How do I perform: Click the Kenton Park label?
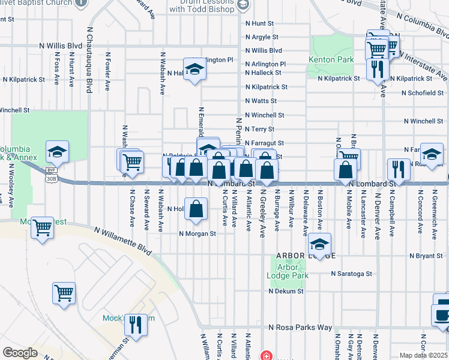coord(331,60)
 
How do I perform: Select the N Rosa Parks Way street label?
coord(300,328)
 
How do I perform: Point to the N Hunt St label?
coord(259,23)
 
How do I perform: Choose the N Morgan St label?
coord(197,234)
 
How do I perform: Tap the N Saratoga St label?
coord(352,274)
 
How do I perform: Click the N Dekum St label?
coord(286,291)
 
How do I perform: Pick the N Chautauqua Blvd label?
coord(89,59)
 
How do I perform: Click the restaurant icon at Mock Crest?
coord(136,325)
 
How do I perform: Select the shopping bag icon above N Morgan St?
coord(196,209)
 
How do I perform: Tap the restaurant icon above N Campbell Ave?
coord(399,169)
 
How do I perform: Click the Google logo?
coord(20,353)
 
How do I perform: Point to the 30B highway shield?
coord(52,178)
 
